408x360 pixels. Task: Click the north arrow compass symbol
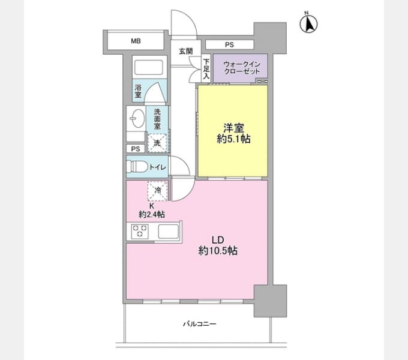[308, 23]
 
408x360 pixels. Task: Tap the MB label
[136, 41]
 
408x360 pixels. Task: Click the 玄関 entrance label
[186, 51]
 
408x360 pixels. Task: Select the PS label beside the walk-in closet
[229, 45]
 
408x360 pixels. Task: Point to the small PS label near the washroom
[136, 149]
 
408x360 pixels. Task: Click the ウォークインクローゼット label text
[242, 68]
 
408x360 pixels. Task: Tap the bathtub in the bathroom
[149, 68]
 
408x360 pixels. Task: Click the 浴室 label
[138, 91]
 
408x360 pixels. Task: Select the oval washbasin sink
[137, 118]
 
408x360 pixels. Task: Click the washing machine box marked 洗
[157, 143]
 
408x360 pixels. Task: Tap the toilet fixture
[137, 166]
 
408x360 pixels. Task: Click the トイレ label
[157, 167]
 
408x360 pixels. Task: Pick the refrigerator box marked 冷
[157, 191]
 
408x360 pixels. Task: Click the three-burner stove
[140, 231]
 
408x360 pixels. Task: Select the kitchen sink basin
[169, 231]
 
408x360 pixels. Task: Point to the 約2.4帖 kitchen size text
[152, 214]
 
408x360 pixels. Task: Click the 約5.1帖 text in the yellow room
[233, 139]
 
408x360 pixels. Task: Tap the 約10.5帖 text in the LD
[218, 251]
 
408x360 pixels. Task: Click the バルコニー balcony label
[199, 324]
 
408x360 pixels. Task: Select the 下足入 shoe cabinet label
[206, 69]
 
